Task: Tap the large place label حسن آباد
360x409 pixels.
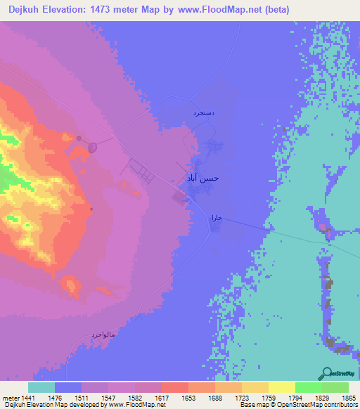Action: (202, 178)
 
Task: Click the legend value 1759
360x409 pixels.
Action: (266, 397)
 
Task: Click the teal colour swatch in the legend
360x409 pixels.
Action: (41, 387)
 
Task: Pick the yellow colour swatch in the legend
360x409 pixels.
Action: (281, 387)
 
